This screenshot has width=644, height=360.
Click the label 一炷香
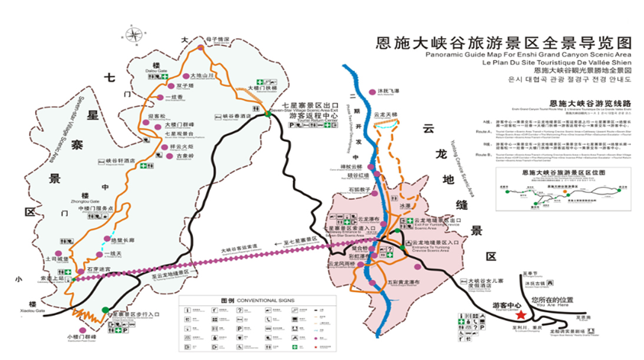click(176, 97)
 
